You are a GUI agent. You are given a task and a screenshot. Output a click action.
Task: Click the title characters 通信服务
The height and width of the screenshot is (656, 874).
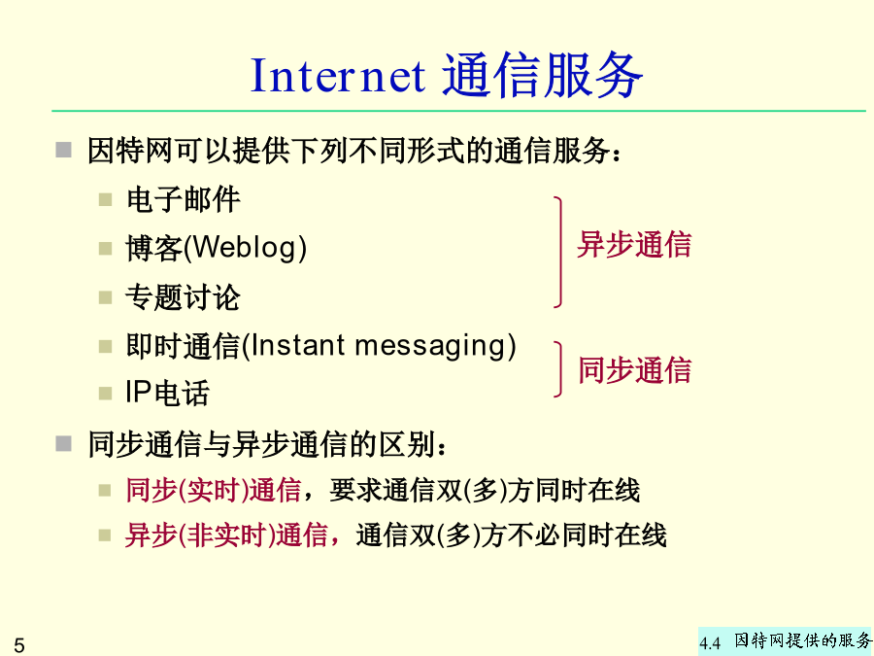[543, 75]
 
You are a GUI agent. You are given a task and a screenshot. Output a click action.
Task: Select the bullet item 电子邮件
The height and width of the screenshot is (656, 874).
[184, 199]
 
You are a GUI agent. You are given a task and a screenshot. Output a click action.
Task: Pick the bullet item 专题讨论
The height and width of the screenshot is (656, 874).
[184, 296]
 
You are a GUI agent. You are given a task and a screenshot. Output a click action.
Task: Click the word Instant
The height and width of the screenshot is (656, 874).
[298, 345]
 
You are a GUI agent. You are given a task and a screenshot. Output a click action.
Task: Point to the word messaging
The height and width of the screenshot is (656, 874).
[429, 346]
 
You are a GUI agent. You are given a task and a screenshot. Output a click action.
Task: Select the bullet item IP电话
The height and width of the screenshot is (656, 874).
[167, 393]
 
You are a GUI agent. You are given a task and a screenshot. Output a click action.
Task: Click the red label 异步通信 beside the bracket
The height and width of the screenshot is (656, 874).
[634, 244]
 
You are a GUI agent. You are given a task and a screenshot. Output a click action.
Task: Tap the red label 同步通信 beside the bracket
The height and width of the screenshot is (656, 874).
[634, 370]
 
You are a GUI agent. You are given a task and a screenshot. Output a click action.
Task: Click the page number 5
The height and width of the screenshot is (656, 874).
[19, 645]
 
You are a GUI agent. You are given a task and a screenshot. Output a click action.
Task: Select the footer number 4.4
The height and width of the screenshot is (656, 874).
[710, 643]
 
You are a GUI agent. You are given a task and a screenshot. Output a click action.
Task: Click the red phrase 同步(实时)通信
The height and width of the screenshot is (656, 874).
[214, 491]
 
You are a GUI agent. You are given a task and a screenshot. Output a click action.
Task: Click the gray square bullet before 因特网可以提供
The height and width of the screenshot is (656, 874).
[63, 150]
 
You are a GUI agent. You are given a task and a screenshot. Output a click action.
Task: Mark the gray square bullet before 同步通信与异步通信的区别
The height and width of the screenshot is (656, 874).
[63, 444]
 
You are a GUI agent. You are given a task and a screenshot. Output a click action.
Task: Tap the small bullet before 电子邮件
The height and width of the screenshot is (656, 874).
[105, 199]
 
